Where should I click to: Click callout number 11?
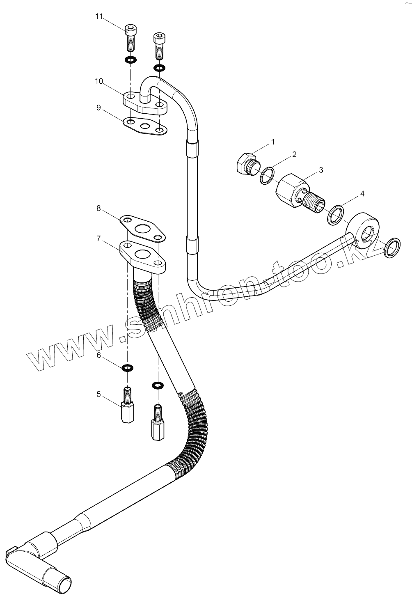point(98,16)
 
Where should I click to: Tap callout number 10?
point(98,81)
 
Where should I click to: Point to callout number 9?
point(98,108)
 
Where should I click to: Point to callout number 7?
point(98,238)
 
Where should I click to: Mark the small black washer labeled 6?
point(128,367)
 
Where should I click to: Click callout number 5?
point(98,394)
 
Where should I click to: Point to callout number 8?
point(98,208)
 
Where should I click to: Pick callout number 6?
point(98,355)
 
